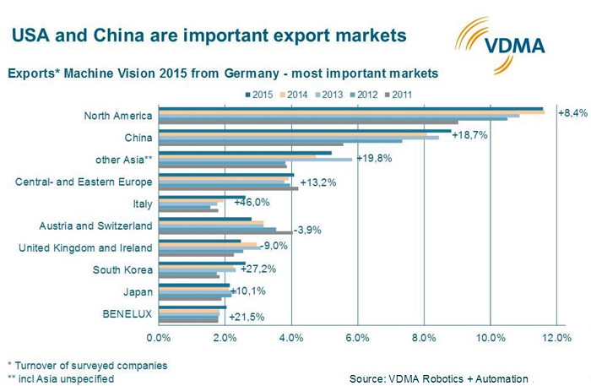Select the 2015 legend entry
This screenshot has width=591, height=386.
tap(263, 95)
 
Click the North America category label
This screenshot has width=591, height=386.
tap(118, 115)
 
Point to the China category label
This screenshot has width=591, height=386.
tap(138, 137)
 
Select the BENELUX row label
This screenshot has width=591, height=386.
tap(128, 314)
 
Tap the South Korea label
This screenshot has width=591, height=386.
tap(122, 270)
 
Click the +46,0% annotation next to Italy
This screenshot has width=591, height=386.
tap(252, 202)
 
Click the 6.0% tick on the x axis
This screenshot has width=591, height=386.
tap(358, 338)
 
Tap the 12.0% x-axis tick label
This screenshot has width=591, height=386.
tap(556, 338)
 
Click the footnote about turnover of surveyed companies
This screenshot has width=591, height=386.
tap(87, 365)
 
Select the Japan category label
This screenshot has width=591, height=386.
tap(138, 292)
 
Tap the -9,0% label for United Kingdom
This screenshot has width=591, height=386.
tap(274, 246)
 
